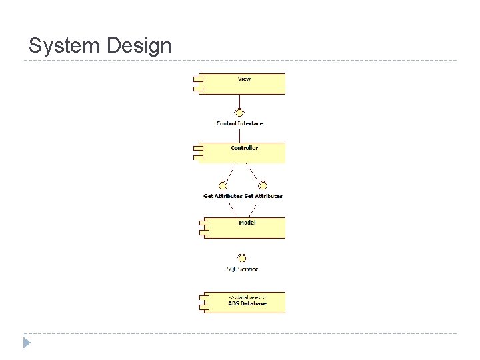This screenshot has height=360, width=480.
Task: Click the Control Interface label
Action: coord(240,123)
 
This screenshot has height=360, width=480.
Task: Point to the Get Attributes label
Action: coord(223,196)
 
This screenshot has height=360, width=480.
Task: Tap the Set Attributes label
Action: coord(263,196)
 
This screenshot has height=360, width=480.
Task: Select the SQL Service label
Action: coord(242,269)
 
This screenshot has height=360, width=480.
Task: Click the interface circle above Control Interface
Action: coord(239,112)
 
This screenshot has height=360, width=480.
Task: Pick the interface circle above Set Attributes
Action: coord(263,185)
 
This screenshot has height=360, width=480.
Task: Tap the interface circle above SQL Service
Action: coord(242,257)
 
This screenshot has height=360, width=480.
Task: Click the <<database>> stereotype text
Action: coord(247,297)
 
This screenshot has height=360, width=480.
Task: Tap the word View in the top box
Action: coord(244,79)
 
